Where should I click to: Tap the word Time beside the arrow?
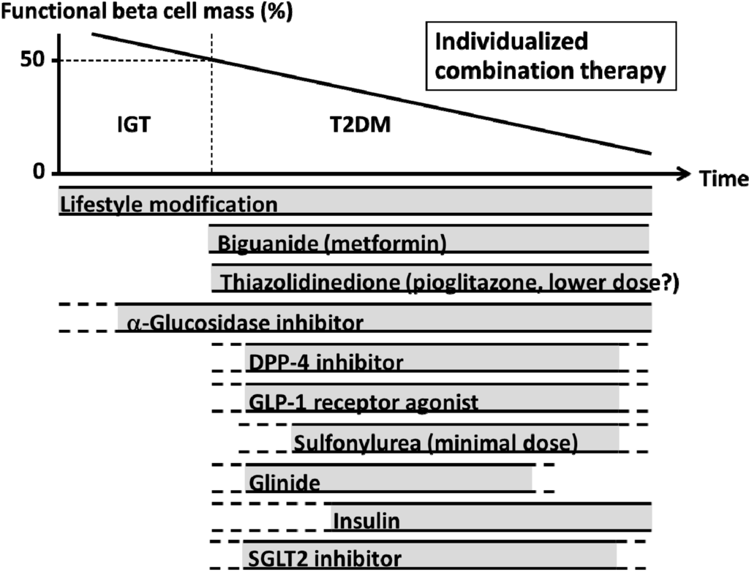point(723,179)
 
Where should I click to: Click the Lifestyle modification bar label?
point(169,204)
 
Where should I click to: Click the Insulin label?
point(366,522)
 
